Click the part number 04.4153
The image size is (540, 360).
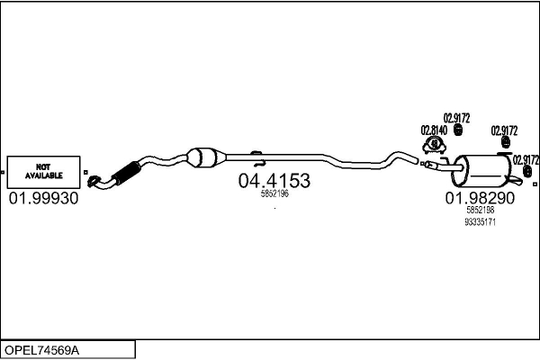pyautogui.click(x=274, y=181)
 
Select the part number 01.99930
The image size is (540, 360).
pyautogui.click(x=43, y=197)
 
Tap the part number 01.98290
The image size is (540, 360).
pyautogui.click(x=480, y=197)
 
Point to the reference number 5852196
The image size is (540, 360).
pyautogui.click(x=274, y=193)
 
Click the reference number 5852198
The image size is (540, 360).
pyautogui.click(x=480, y=209)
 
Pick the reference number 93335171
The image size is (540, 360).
pyautogui.click(x=480, y=220)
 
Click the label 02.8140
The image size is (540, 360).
pyautogui.click(x=434, y=130)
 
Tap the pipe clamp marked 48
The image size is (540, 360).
pyautogui.click(x=435, y=144)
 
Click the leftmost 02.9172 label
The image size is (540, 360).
pyautogui.click(x=456, y=118)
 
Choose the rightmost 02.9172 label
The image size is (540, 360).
pyautogui.click(x=525, y=159)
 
